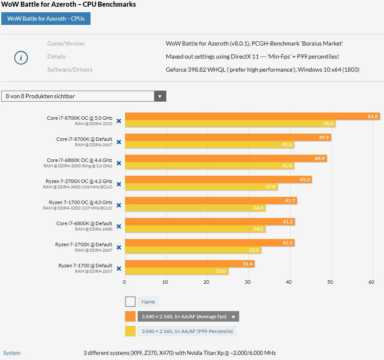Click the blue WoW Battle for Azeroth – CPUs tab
(x=46, y=19)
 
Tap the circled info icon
(x=21, y=58)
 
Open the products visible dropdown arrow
(x=160, y=96)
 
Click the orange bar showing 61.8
(x=253, y=116)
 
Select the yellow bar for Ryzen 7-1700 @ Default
(x=176, y=271)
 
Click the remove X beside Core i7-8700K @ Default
(x=119, y=142)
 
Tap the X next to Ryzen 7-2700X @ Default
(x=119, y=247)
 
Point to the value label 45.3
(x=305, y=180)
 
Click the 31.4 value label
(x=247, y=264)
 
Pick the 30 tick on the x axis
(x=248, y=282)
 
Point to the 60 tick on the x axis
(x=371, y=282)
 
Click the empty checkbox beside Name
(x=130, y=302)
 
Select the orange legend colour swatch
(x=130, y=316)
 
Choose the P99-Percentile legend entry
(x=187, y=331)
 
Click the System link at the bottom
(x=12, y=353)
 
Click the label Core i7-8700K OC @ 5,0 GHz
(x=80, y=118)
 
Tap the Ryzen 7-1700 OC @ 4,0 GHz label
(x=80, y=202)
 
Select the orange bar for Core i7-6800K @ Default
(x=210, y=222)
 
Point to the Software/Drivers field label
(x=70, y=70)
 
